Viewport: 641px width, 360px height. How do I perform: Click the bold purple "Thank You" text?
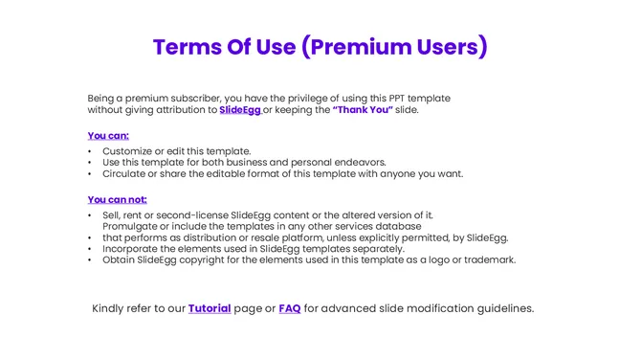[x=363, y=110]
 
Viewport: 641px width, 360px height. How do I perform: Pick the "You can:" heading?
[x=108, y=136]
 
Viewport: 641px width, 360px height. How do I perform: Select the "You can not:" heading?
[x=117, y=200]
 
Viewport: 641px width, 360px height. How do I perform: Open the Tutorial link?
[x=210, y=308]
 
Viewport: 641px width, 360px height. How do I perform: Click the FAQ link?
[x=289, y=308]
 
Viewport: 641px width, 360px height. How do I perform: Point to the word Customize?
[x=129, y=151]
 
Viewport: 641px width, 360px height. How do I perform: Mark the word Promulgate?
[x=133, y=226]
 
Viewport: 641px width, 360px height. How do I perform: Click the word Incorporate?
[x=133, y=249]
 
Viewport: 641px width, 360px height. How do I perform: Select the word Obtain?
[x=120, y=259]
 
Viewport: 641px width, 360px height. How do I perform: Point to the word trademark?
[x=488, y=259]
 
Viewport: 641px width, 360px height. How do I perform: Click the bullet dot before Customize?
[x=90, y=151]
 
